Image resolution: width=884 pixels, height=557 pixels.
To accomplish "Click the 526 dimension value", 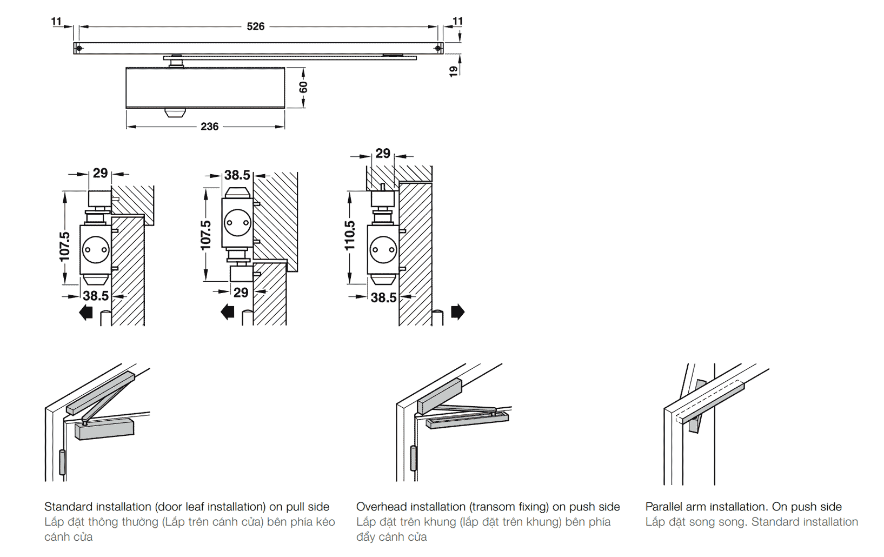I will tap(255, 26).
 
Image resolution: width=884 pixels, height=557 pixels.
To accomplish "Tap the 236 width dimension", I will tap(209, 127).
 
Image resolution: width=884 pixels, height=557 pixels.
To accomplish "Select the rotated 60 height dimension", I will tap(303, 87).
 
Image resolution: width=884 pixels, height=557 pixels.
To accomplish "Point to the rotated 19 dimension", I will tap(454, 71).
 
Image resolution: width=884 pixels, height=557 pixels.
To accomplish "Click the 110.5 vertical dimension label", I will tap(350, 235).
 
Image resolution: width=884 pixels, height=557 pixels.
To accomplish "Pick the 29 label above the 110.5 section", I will tap(383, 154).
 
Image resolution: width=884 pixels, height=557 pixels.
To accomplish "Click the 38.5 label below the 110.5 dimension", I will tap(383, 297).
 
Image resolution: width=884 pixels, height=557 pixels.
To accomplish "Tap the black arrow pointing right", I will tap(457, 312).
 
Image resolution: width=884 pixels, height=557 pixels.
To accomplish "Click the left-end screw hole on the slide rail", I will tap(79, 48).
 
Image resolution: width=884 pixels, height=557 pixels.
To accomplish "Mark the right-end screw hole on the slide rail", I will tap(437, 48).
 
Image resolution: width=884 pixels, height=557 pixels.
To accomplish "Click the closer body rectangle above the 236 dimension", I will tap(205, 88).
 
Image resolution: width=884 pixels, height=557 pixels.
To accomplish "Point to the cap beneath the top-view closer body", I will tap(175, 112).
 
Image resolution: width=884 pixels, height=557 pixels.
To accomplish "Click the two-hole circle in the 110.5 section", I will tap(383, 250).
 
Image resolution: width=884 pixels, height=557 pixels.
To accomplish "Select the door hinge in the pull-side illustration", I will tap(62, 462).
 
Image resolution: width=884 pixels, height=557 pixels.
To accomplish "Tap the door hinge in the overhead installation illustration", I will tap(414, 458).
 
